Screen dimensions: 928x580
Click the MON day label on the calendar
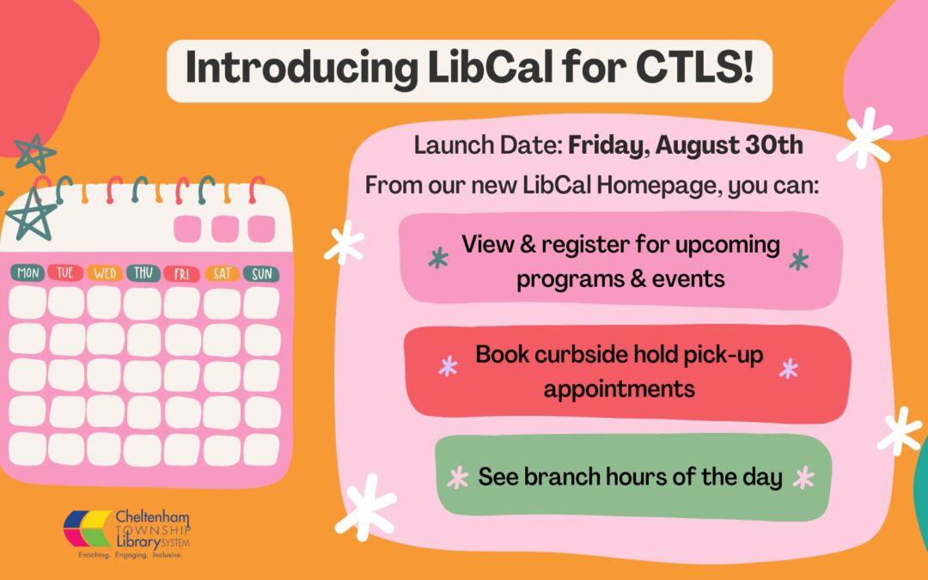coord(27,273)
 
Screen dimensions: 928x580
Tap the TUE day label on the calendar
coord(65,272)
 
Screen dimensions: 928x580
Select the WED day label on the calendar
coord(105,273)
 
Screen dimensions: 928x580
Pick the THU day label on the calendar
coord(143,272)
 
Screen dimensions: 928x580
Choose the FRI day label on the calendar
coord(181,273)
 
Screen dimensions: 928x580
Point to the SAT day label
coord(222,273)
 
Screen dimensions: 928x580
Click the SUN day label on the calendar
coord(261,273)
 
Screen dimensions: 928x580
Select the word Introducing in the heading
coord(302,68)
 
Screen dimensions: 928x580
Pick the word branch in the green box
coord(561,476)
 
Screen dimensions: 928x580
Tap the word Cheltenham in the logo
coord(152,516)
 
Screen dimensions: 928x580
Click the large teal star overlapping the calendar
coord(32,214)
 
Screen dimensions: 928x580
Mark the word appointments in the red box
coord(619,389)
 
